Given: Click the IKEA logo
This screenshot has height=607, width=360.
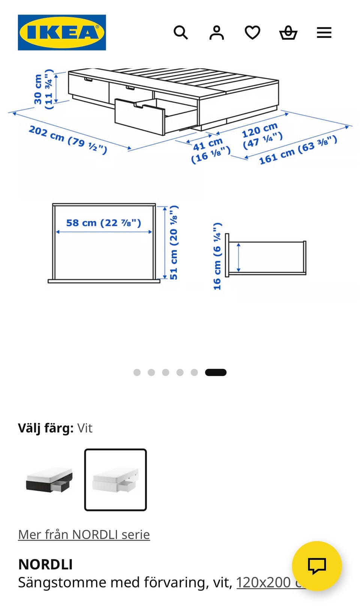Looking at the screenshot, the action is tap(62, 33).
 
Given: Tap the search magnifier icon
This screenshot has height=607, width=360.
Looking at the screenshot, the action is tap(181, 33).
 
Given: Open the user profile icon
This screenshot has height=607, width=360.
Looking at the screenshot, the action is tap(217, 33).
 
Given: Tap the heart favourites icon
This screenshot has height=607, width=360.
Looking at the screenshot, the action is tap(252, 33).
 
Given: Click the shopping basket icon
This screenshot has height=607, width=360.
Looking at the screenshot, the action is tap(288, 33).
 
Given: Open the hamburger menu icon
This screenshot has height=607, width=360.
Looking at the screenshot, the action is tap(324, 33).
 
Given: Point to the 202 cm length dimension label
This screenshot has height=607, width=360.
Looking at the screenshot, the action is tap(68, 140).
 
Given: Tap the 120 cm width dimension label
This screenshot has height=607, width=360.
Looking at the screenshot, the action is tap(262, 135).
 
